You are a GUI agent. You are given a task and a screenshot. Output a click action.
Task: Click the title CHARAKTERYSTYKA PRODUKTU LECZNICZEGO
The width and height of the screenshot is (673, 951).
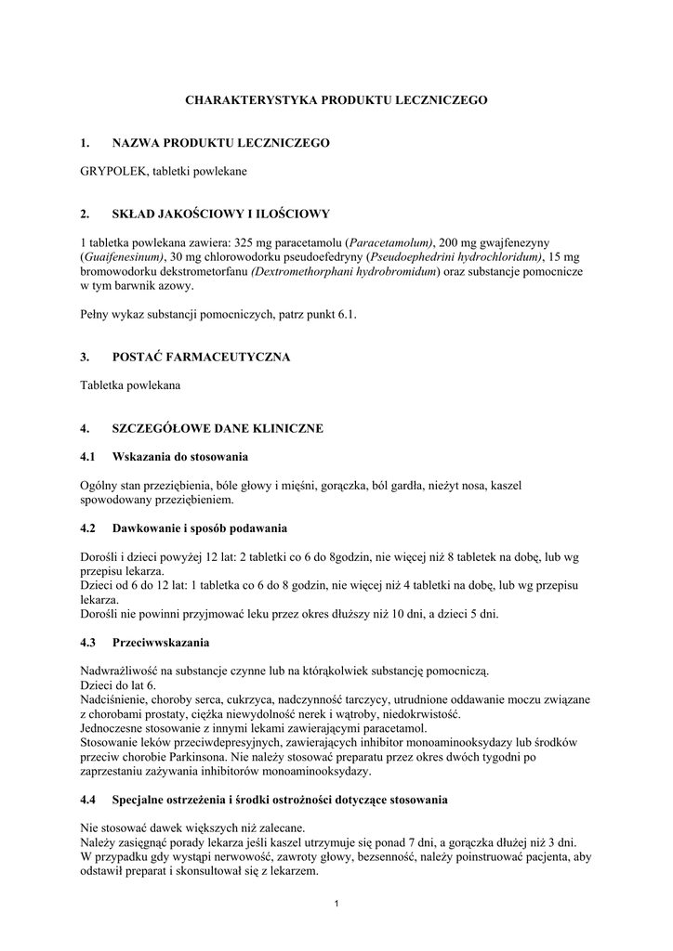pos(336,98)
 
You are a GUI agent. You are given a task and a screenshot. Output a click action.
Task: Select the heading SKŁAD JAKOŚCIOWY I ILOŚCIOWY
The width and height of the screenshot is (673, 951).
pos(220,215)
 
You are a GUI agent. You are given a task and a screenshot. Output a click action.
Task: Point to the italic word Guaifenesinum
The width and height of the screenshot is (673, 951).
pos(124,257)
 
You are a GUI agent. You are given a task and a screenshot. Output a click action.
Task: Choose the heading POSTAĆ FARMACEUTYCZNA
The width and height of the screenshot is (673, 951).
pos(201,358)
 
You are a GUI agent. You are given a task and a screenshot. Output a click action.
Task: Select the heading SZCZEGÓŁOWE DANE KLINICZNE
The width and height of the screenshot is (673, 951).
pos(217,429)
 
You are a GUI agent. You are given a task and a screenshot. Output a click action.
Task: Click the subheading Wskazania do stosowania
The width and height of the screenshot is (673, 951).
pos(179,457)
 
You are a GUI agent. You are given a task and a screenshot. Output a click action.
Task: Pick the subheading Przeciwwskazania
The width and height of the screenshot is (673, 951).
pos(160,642)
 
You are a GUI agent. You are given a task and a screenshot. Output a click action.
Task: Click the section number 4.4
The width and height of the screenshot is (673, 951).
pos(89,799)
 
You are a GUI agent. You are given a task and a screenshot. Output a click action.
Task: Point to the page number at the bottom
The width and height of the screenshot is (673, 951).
pos(336,905)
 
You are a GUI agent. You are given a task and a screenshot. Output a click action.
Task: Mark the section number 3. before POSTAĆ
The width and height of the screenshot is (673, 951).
pos(86,358)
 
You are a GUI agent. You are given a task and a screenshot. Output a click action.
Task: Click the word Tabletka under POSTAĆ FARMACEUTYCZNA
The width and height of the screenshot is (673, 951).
pos(105,385)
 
